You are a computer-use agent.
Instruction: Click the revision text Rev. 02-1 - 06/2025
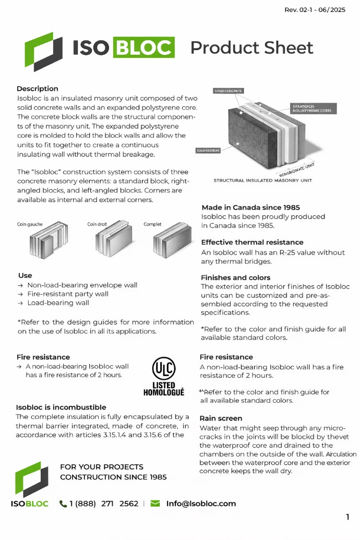(315, 10)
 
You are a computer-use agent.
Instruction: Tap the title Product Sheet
(251, 47)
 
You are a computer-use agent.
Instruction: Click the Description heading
(37, 89)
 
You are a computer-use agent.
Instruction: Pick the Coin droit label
(97, 224)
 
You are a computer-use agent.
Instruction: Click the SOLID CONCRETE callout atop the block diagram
(228, 91)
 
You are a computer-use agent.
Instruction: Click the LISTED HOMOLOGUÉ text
(163, 389)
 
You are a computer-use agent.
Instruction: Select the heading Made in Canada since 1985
(250, 208)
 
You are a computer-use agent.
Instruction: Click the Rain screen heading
(221, 418)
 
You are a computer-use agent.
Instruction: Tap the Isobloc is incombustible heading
(61, 407)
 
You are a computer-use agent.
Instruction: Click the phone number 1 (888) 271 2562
(103, 503)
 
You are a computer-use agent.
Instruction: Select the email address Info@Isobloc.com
(201, 503)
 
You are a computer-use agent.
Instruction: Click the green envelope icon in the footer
(155, 503)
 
